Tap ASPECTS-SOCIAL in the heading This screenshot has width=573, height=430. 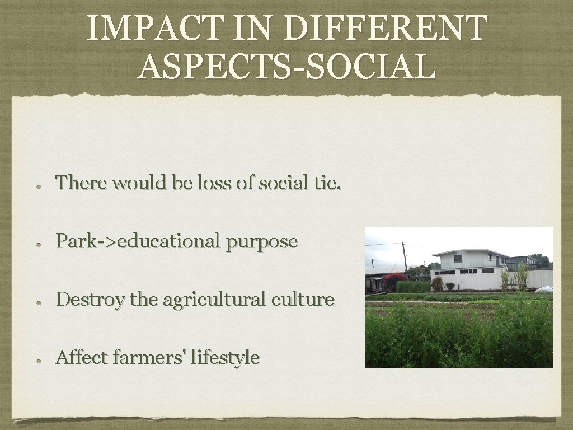(x=286, y=66)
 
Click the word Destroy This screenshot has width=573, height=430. (x=90, y=300)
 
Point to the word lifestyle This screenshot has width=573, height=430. (x=225, y=357)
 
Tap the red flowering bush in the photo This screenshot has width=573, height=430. (x=395, y=277)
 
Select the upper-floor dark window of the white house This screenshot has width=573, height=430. (x=458, y=259)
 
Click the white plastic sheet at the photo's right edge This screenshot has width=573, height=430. (x=544, y=289)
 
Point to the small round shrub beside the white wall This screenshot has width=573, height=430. (x=437, y=284)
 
